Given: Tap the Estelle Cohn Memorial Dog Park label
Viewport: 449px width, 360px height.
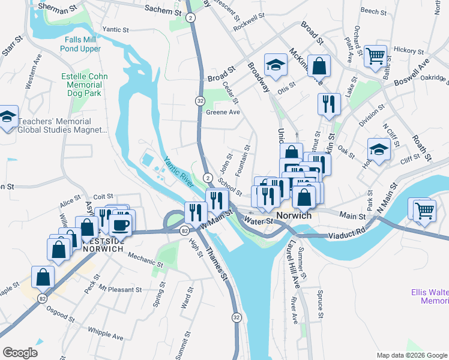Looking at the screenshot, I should [x=85, y=85].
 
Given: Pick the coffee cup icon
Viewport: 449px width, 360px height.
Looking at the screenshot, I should [x=122, y=224].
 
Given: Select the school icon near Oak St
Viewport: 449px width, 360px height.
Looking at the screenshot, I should [x=379, y=150].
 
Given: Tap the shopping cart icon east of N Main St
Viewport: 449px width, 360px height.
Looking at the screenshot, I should [x=424, y=209].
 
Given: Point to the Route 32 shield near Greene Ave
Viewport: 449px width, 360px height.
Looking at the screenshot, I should [x=200, y=101].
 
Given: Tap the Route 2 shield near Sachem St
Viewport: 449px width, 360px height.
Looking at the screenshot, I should [x=189, y=18].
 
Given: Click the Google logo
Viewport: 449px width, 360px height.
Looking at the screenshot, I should [x=20, y=353].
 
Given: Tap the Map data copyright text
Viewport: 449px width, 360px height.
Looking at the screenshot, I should [x=411, y=355].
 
